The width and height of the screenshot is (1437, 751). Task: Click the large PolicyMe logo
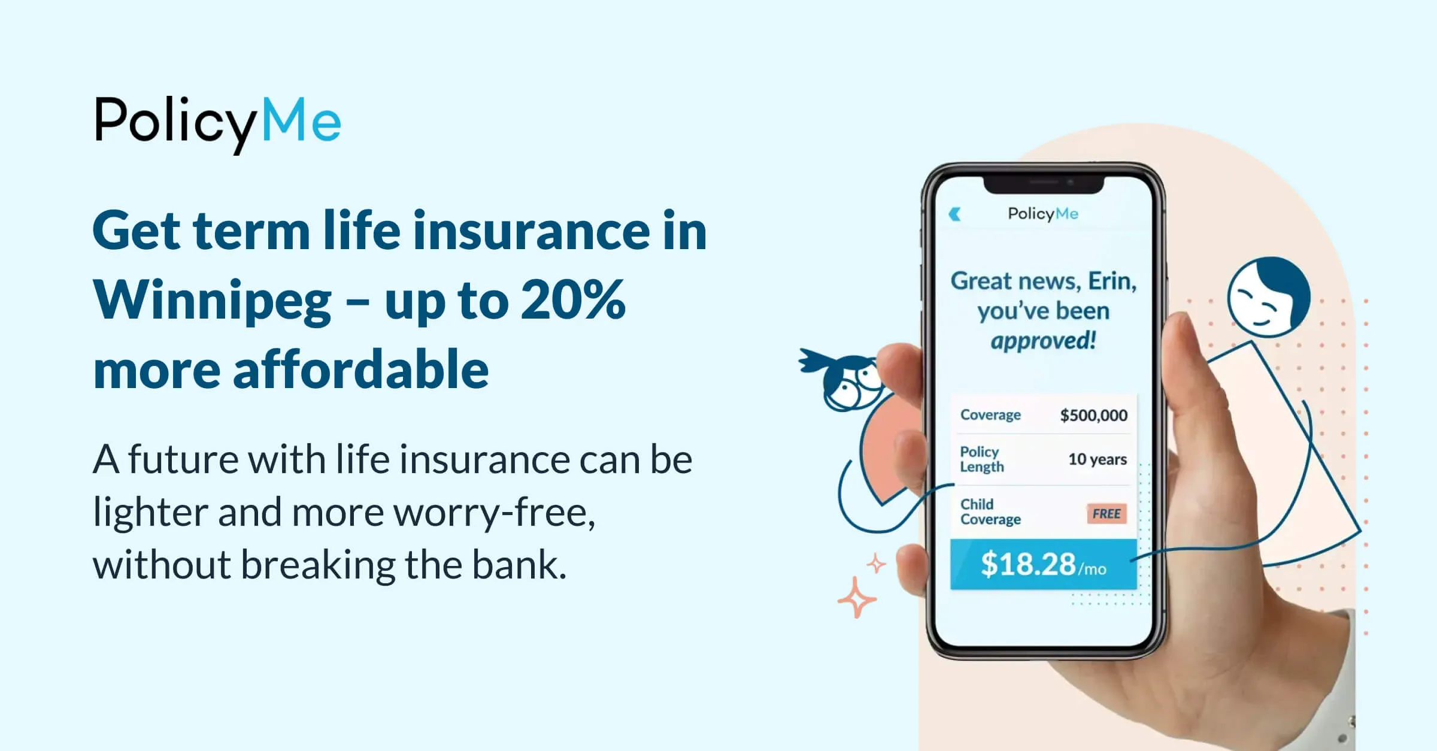[218, 123]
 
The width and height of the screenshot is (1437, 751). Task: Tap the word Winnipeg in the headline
[212, 301]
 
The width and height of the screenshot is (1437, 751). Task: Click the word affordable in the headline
[360, 370]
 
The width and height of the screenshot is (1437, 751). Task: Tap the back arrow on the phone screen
[955, 214]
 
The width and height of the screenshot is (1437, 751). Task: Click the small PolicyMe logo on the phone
[1043, 214]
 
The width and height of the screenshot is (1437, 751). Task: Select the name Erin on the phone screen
[1111, 281]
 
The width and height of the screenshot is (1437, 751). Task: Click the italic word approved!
[1043, 341]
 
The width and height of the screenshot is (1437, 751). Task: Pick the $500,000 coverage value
[1093, 415]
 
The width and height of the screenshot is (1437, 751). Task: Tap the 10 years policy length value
[1097, 459]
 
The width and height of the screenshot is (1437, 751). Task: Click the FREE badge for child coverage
[1106, 514]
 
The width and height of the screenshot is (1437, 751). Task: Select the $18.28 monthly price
[1028, 564]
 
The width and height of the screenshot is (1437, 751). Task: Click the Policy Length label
[982, 459]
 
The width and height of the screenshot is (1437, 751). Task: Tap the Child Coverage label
[990, 512]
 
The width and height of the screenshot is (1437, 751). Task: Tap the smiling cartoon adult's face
[1268, 298]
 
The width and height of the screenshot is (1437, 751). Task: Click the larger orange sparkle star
[856, 597]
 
